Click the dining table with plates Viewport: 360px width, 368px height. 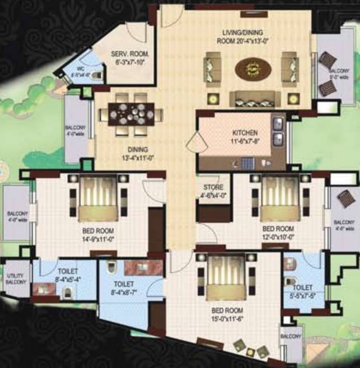tap(131, 114)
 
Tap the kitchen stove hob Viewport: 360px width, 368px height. tap(248, 163)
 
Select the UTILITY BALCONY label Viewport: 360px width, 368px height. tap(16, 279)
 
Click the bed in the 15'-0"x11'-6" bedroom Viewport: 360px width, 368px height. tap(226, 276)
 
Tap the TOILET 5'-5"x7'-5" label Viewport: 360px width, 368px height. tap(302, 291)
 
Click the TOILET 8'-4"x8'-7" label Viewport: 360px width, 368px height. tap(123, 288)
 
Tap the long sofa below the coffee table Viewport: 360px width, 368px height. tap(255, 99)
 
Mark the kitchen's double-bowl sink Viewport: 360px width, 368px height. tap(278, 132)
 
